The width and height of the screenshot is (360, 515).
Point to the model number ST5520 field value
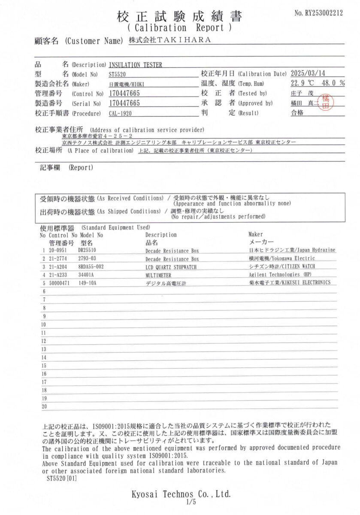(x=118, y=74)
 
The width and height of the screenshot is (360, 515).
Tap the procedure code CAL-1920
(x=120, y=114)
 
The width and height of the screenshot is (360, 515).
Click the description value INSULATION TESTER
(x=136, y=65)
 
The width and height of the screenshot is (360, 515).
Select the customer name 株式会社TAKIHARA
(x=170, y=40)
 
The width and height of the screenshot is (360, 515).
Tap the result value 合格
(x=297, y=113)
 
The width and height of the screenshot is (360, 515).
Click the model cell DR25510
(x=87, y=250)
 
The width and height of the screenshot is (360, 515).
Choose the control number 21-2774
(x=57, y=259)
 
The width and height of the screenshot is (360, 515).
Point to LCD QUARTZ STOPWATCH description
(x=172, y=267)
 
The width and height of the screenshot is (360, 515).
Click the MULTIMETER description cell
(x=158, y=275)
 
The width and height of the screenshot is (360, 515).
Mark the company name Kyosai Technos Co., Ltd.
(x=181, y=494)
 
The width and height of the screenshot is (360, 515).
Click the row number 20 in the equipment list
(x=44, y=406)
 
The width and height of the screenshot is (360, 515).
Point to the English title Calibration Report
(x=180, y=28)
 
